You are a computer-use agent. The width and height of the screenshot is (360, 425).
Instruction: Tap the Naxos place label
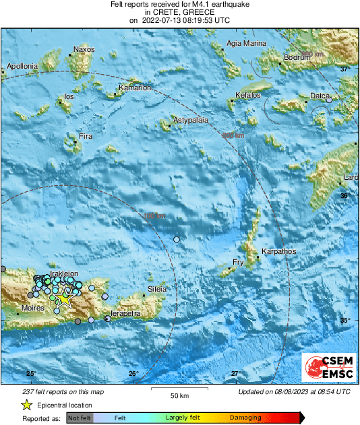tap(84, 49)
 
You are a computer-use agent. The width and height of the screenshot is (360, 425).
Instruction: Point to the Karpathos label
tap(278, 251)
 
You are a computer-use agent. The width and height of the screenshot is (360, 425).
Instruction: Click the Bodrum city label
tap(296, 58)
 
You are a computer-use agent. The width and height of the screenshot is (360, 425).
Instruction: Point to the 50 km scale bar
tap(178, 389)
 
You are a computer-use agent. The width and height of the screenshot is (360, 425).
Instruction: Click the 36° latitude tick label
tap(344, 195)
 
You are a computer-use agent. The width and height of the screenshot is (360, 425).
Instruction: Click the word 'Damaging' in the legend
tap(246, 418)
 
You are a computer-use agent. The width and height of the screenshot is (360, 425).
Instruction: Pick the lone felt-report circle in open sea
tap(177, 240)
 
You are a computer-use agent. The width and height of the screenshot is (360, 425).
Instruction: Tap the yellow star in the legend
tap(26, 405)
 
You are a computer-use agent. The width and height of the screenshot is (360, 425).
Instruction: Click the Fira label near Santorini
tap(86, 137)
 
